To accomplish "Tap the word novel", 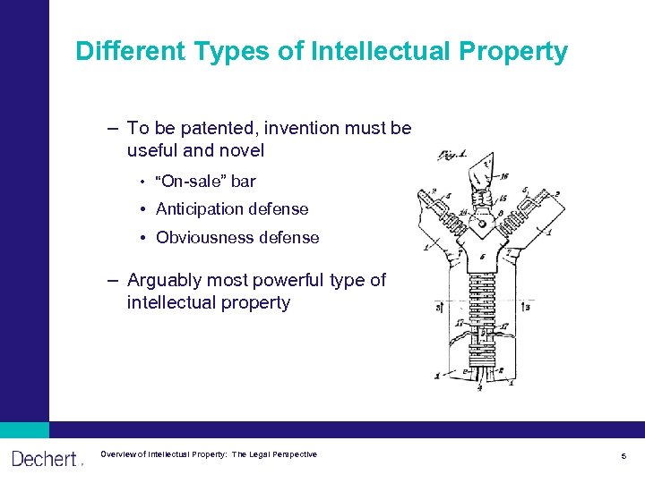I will click(240, 151).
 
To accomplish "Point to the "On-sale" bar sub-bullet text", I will click(205, 182).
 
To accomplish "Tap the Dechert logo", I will click(45, 459).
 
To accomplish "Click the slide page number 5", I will click(623, 457).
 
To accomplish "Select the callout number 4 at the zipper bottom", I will click(480, 387).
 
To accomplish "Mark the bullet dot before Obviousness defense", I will click(143, 238).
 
